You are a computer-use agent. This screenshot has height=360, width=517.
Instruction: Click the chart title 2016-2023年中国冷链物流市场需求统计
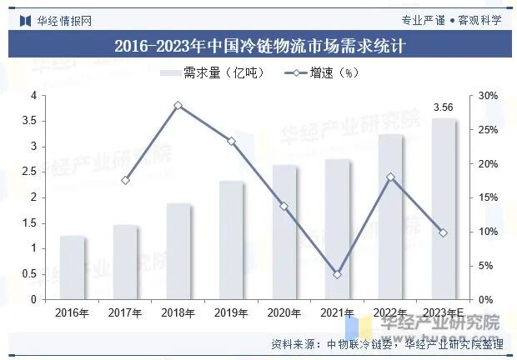click(x=258, y=45)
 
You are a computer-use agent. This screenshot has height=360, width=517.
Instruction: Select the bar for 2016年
click(x=73, y=267)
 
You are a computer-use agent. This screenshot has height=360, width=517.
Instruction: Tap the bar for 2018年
click(x=178, y=251)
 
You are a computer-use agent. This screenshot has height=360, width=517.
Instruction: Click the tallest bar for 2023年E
click(x=443, y=208)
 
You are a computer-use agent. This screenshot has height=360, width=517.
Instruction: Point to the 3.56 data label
click(x=443, y=107)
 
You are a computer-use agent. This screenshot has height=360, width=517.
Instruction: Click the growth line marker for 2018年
click(x=178, y=106)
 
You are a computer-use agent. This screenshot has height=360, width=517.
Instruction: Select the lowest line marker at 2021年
click(x=337, y=274)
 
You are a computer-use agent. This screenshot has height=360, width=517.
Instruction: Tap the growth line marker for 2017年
click(x=125, y=180)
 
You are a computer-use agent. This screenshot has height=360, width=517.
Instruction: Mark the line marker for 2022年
click(x=390, y=177)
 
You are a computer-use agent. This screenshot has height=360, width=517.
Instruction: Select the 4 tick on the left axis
click(x=33, y=96)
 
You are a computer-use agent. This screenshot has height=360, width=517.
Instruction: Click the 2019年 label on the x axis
click(x=231, y=313)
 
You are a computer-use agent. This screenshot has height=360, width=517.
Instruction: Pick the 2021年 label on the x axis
click(x=337, y=313)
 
